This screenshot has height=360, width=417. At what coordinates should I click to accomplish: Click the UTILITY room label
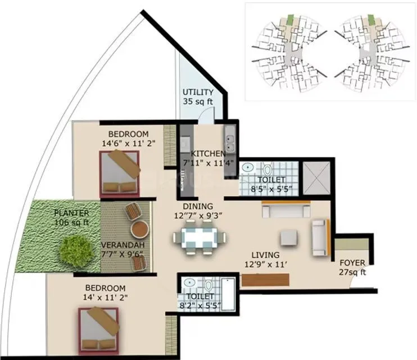tap(197, 92)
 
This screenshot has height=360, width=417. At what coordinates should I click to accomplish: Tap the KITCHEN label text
tap(208, 154)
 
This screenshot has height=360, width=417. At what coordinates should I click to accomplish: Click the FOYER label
tap(352, 263)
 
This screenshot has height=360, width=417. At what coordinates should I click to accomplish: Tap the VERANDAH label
tap(122, 245)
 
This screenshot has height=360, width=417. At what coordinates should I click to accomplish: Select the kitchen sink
tap(230, 137)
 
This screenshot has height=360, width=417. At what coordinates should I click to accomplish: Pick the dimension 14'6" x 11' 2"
tap(129, 143)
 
